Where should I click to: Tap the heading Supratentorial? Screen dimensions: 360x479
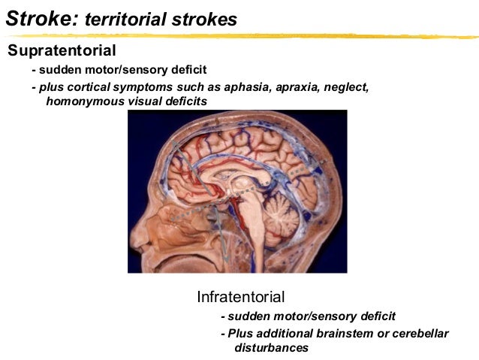[62, 51]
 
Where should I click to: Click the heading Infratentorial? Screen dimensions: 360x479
[240, 295]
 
